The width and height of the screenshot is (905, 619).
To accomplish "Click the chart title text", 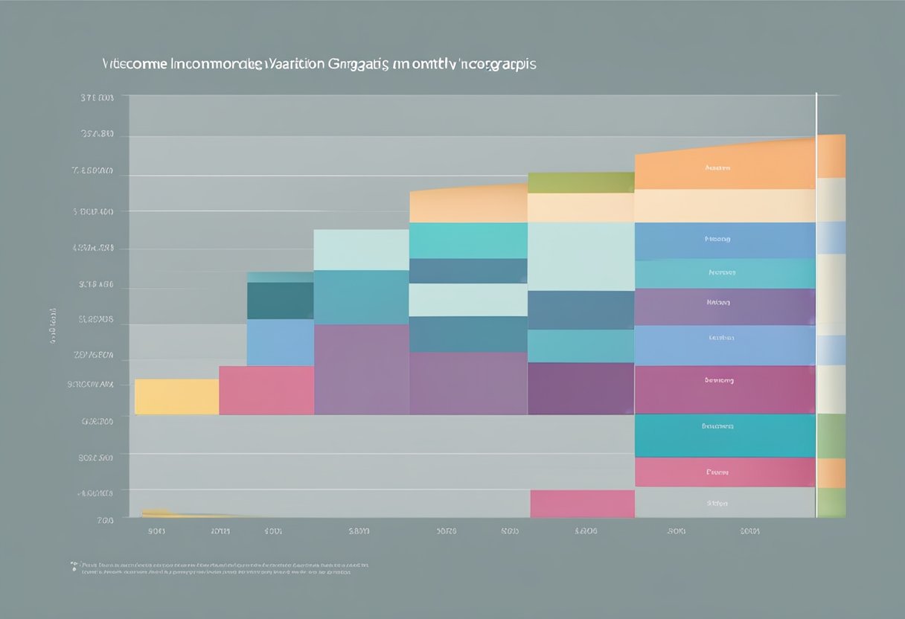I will coord(319,64).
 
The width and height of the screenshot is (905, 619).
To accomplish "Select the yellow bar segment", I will coord(176,397).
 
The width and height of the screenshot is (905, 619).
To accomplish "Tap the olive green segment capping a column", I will coord(581,182).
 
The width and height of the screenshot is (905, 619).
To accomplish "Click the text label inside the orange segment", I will coord(717,169).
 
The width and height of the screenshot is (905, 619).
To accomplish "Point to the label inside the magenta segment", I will coord(719,380).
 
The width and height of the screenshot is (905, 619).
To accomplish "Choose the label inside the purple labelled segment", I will coord(718,303).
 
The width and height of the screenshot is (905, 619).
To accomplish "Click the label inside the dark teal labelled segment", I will coord(718,426).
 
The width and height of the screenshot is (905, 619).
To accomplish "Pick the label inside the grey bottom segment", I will coord(717,504).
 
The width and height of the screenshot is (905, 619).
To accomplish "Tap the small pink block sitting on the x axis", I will coord(582,504).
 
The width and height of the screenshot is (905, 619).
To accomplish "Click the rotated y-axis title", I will coord(54,325).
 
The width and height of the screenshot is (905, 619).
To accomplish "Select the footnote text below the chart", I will coord(220,568).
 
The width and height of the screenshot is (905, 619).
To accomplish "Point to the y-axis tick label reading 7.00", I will coord(105,520).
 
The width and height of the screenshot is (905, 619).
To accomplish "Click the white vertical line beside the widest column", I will coord(816,298).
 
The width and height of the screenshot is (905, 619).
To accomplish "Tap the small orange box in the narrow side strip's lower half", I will coord(831,473).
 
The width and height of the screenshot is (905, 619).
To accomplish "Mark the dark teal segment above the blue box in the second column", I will coord(280,301).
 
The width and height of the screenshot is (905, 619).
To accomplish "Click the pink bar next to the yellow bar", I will coord(266,390).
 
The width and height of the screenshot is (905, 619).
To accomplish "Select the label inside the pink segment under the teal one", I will coord(717,472).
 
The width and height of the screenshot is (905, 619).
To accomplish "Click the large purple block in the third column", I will coord(361,369).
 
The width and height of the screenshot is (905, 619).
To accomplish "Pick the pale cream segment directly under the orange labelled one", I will coord(725,205).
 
